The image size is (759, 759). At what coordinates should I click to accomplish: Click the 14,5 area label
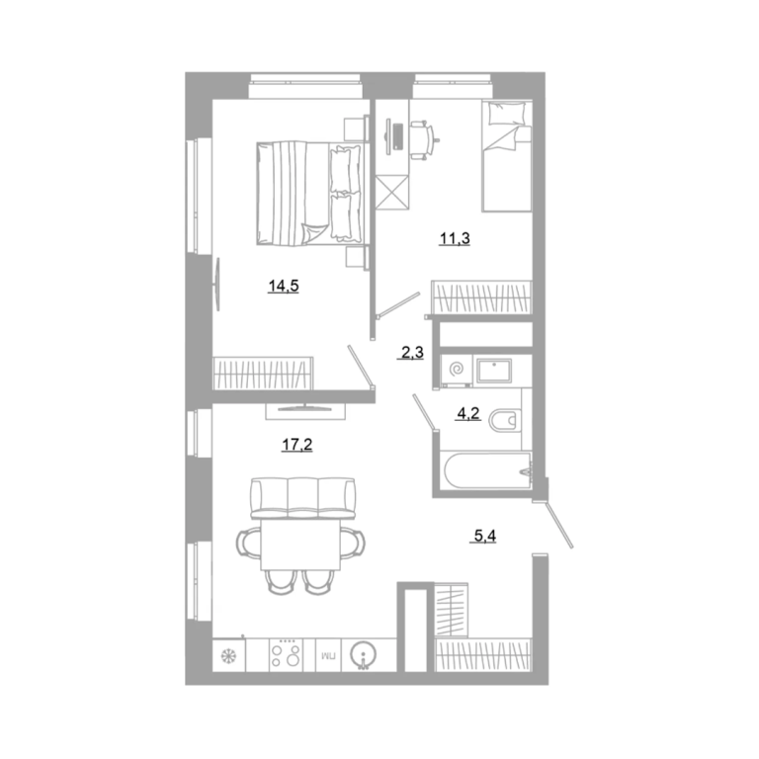pyautogui.click(x=284, y=286)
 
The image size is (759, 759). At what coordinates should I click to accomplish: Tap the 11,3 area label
pyautogui.click(x=455, y=238)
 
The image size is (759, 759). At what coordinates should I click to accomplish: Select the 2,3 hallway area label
pyautogui.click(x=412, y=353)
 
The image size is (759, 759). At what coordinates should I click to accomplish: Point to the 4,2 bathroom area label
pyautogui.click(x=468, y=413)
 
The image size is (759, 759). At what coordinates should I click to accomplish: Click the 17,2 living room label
pyautogui.click(x=297, y=445)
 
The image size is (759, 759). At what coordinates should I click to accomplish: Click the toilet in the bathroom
pyautogui.click(x=505, y=420)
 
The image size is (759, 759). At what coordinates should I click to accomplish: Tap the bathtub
pyautogui.click(x=487, y=471)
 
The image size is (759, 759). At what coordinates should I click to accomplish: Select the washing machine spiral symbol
pyautogui.click(x=456, y=370)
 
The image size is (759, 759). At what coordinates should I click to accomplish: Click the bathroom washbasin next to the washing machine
pyautogui.click(x=494, y=371)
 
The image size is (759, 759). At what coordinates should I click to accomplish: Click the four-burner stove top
pyautogui.click(x=286, y=654)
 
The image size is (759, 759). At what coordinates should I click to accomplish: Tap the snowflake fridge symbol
pyautogui.click(x=227, y=656)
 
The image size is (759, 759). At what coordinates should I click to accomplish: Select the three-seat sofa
pyautogui.click(x=303, y=498)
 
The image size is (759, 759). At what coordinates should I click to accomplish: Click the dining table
pyautogui.click(x=300, y=545)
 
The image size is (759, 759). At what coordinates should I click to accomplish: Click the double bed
pyautogui.click(x=309, y=194)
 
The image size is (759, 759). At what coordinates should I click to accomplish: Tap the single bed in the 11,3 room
pyautogui.click(x=507, y=156)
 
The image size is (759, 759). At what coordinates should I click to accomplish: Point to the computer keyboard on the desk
pyautogui.click(x=398, y=137)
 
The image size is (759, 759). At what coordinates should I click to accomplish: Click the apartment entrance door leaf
pyautogui.click(x=558, y=525)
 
